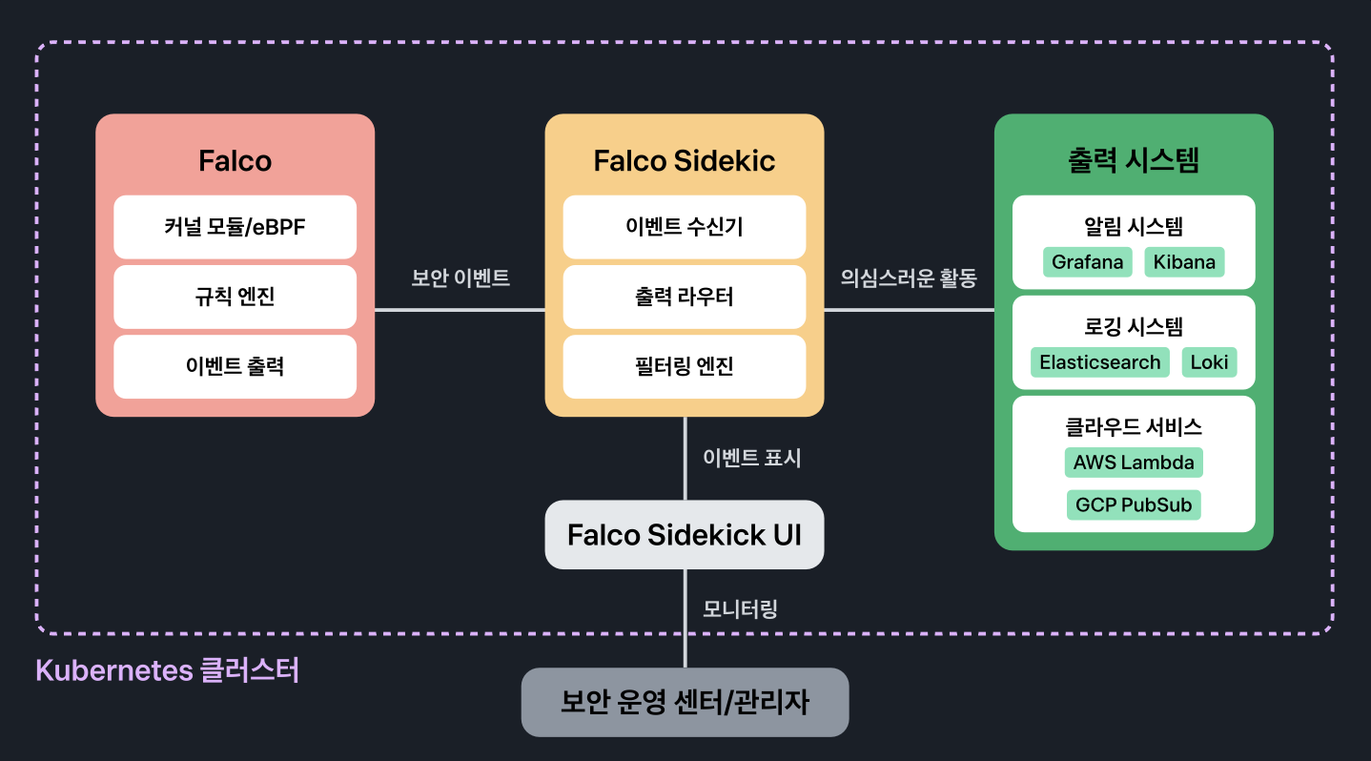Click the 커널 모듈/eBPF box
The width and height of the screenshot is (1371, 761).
coord(235,227)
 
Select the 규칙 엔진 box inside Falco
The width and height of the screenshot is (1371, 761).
coord(235,297)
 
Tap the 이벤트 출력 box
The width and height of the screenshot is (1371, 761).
coord(235,367)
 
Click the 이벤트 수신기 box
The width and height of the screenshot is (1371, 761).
coord(685,227)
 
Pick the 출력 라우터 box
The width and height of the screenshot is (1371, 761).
coord(685,297)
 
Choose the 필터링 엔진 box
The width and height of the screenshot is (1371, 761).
coord(685,367)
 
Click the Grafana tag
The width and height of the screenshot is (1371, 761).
coord(1088,262)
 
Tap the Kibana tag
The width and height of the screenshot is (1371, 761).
coord(1184,262)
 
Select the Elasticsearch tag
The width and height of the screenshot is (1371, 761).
coord(1100,362)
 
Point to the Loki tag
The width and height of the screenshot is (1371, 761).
coord(1210,362)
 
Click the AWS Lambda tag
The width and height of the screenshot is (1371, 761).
coord(1134,463)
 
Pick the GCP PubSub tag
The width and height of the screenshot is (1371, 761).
coord(1134,505)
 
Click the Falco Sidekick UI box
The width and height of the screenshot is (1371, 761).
coord(685,535)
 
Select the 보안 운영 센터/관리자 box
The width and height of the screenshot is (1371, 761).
coord(685,702)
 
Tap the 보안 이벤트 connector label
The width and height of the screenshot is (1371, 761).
coord(460,278)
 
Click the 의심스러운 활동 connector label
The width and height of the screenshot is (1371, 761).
coord(909,278)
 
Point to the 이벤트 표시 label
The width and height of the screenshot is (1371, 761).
coord(751,458)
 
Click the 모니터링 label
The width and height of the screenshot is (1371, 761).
coord(740,609)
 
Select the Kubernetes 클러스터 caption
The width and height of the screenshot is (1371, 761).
coord(167,670)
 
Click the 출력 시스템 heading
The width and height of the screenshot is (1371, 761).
coord(1134,160)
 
